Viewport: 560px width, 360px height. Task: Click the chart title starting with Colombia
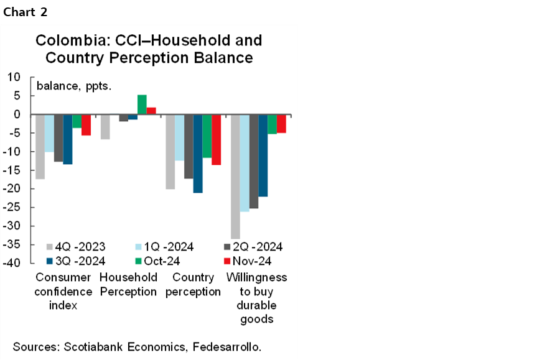pyautogui.click(x=149, y=49)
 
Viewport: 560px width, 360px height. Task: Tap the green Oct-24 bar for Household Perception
pyautogui.click(x=142, y=104)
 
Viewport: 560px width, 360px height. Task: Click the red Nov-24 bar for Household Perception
pyautogui.click(x=151, y=111)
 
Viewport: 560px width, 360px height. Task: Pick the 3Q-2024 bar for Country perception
pyautogui.click(x=198, y=154)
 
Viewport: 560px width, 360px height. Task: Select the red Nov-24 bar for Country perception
pyautogui.click(x=216, y=139)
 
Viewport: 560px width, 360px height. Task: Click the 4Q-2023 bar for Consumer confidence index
pyautogui.click(x=40, y=146)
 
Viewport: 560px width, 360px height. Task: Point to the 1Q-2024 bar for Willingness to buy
pyautogui.click(x=245, y=163)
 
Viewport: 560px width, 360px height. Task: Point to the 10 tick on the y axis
pyautogui.click(x=14, y=77)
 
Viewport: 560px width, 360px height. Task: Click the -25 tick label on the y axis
pyautogui.click(x=12, y=208)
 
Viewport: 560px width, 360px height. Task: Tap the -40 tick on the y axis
pyautogui.click(x=12, y=264)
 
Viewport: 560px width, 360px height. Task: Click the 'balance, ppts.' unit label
pyautogui.click(x=74, y=86)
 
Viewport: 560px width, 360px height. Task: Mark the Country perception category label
pyautogui.click(x=193, y=284)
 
